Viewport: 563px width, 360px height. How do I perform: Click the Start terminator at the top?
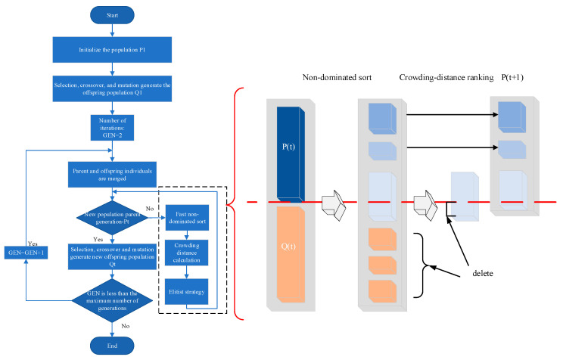click(112, 15)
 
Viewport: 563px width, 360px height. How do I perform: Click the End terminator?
click(112, 346)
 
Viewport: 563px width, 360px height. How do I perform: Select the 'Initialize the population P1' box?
click(112, 49)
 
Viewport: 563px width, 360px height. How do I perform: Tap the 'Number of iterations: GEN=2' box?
click(113, 128)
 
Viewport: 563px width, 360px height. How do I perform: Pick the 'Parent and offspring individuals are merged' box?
click(112, 175)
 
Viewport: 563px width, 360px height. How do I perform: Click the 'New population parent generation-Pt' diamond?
click(113, 218)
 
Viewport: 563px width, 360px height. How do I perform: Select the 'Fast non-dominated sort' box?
click(187, 218)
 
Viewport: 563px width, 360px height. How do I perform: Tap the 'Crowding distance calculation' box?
click(187, 253)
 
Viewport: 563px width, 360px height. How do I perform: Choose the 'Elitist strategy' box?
click(187, 292)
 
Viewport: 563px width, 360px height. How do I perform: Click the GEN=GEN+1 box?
click(26, 253)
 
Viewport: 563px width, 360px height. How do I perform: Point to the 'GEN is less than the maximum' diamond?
click(113, 301)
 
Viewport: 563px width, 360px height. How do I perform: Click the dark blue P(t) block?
click(291, 154)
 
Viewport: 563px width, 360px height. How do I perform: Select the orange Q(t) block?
click(291, 254)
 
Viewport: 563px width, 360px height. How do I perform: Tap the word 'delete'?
click(483, 274)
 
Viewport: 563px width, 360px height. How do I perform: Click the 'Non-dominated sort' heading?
click(337, 78)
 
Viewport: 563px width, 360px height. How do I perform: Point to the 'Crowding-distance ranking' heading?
click(446, 78)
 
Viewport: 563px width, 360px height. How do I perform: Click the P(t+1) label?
click(512, 78)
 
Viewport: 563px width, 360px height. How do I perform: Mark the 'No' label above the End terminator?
click(126, 326)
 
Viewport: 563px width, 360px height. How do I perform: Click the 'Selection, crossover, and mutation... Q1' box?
click(112, 88)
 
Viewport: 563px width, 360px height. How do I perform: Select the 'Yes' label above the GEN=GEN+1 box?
click(33, 244)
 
